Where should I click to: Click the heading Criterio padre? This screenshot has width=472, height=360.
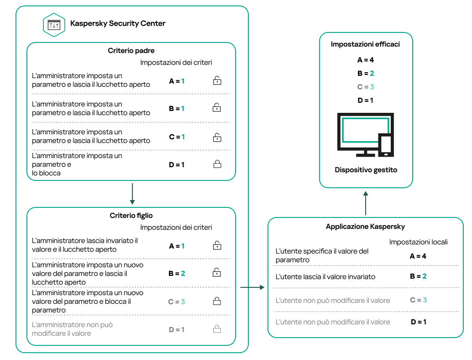coord(131,51)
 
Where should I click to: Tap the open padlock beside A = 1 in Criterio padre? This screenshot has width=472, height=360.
coord(217,81)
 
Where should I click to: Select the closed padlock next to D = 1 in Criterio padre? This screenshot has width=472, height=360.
coord(217,164)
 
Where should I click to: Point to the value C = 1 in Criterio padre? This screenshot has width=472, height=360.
coord(177,137)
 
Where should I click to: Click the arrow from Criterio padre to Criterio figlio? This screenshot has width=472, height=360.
coord(131,194)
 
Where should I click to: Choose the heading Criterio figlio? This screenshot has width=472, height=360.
coord(131,215)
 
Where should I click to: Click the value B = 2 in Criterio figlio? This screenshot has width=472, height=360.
coord(177,273)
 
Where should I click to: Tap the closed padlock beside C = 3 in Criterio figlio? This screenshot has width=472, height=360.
coord(217,301)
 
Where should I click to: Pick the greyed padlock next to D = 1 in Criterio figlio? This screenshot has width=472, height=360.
coord(217,329)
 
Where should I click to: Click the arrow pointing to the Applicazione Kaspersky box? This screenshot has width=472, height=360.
coord(252,287)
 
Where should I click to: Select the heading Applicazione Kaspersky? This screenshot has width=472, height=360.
coord(365,227)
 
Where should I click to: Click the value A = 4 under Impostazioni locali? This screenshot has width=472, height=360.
coord(418,256)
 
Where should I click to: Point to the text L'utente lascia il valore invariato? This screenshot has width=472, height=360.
coord(325,277)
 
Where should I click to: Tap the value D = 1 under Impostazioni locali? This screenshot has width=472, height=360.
coord(418,322)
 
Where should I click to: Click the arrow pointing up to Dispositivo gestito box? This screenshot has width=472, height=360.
coord(366,203)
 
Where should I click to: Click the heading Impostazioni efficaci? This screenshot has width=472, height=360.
coord(365,45)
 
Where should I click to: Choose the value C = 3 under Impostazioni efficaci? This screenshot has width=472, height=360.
coord(366,86)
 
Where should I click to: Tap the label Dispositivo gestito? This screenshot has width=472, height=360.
coord(366,170)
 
